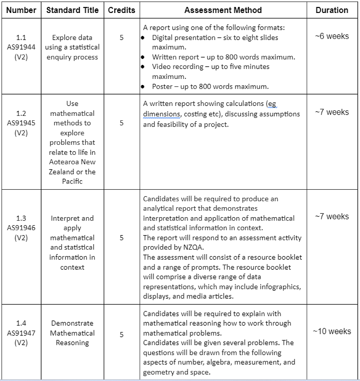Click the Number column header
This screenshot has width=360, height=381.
tap(21, 10)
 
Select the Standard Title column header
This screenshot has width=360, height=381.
tap(72, 10)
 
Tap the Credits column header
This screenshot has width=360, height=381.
tap(121, 10)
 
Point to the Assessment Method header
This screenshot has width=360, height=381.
tap(223, 10)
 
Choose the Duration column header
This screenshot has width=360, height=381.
tap(332, 10)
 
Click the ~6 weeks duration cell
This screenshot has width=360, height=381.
tap(332, 37)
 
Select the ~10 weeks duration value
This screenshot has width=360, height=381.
tap(332, 331)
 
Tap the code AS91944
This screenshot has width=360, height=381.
tap(21, 47)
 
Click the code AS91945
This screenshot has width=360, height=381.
tap(21, 123)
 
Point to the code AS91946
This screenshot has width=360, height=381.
tap(21, 228)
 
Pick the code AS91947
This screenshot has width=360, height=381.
tap(21, 333)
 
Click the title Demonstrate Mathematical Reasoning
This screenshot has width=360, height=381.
tap(72, 333)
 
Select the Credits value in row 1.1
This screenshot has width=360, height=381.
tap(121, 37)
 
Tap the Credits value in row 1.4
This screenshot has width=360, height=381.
tap(121, 335)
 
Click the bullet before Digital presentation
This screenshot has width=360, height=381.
tap(143, 38)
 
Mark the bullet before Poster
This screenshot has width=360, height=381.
tap(143, 86)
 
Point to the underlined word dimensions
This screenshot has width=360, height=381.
tap(161, 114)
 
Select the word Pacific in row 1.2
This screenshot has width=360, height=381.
tap(72, 181)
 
